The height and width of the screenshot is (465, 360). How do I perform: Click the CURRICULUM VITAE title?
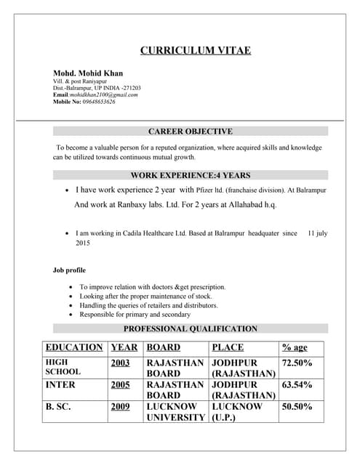195,50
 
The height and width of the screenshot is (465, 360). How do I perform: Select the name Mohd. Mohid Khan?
88,73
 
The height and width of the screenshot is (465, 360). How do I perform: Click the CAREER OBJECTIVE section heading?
190,132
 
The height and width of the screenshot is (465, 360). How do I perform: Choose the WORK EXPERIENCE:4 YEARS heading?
190,175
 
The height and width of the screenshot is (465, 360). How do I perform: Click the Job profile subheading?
69,270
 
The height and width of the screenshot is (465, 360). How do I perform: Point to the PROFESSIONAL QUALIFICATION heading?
190,328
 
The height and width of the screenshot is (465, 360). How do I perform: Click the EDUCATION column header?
73,347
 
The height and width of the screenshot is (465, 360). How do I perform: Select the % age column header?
295,347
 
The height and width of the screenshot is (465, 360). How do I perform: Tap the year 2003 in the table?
121,363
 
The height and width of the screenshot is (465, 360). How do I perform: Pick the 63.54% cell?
297,384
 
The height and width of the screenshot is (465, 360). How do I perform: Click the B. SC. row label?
58,407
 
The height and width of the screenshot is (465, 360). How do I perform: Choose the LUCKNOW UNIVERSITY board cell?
175,412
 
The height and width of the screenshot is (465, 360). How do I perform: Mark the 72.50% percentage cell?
297,363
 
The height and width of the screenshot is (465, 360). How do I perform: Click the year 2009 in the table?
121,407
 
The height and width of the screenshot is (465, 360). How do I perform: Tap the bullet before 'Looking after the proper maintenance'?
70,296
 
